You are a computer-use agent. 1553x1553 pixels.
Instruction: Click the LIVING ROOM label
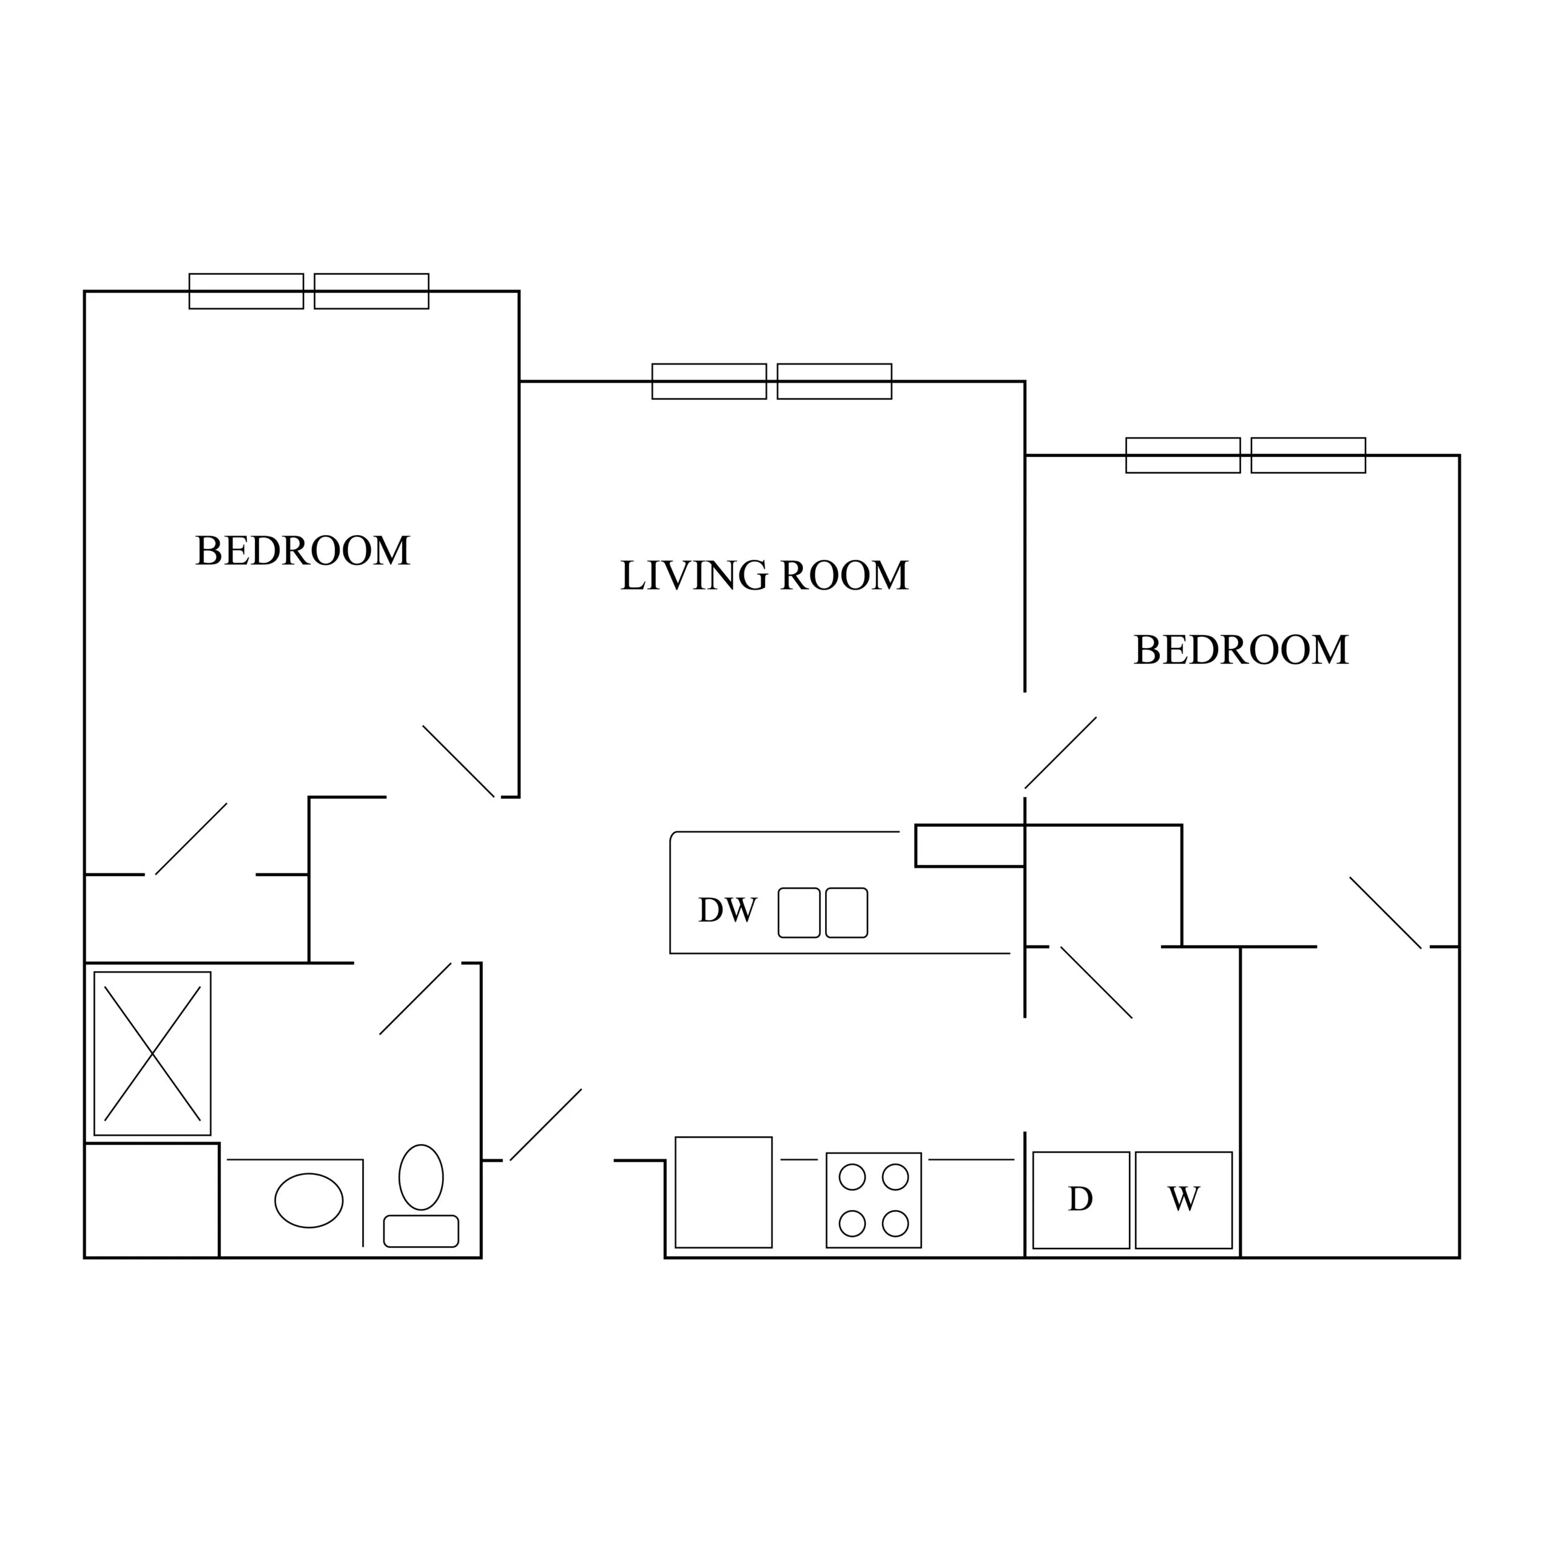tap(764, 576)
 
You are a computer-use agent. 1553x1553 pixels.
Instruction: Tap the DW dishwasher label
tap(727, 911)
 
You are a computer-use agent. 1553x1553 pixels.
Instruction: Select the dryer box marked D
tap(1081, 1200)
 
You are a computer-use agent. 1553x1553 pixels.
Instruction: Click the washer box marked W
tap(1184, 1200)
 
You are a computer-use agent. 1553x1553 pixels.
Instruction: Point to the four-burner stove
tap(874, 1200)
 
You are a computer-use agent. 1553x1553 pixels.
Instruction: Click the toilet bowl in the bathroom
tap(421, 1177)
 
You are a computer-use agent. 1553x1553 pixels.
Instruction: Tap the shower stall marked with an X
tap(153, 1054)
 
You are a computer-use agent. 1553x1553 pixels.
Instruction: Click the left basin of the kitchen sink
tap(799, 913)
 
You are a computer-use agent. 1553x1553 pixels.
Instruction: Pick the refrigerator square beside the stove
tap(724, 1192)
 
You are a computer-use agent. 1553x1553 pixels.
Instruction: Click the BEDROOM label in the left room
tap(303, 551)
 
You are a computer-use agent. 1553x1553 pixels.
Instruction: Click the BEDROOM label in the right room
tap(1241, 650)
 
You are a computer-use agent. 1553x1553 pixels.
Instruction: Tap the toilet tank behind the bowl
tap(421, 1231)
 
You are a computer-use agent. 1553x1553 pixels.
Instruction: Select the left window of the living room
tap(709, 381)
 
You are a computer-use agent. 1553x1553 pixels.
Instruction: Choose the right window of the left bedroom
tap(371, 291)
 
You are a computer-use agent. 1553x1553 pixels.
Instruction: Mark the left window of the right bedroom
tap(1183, 456)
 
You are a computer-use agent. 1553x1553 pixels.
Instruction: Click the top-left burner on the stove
tap(852, 1177)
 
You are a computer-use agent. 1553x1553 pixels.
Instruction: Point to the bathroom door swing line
tap(416, 999)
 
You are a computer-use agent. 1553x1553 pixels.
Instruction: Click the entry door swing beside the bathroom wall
tap(546, 1125)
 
